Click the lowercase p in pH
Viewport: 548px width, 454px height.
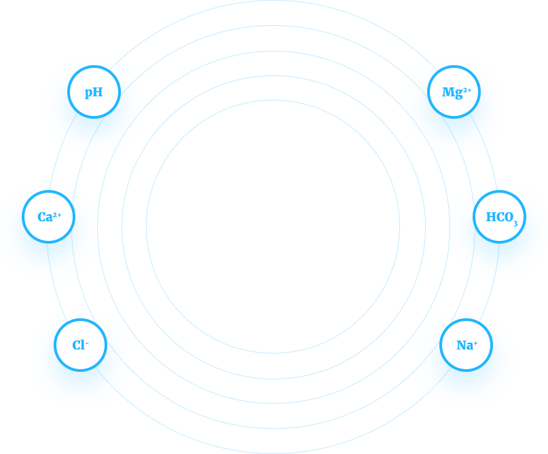[x=89, y=93]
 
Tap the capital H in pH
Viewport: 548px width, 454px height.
[x=98, y=92]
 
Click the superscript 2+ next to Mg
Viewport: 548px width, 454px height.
[x=467, y=90]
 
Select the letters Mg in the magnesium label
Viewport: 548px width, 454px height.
[x=452, y=93]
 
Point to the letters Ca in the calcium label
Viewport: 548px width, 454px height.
[x=45, y=217]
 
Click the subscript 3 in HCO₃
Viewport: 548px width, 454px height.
[x=515, y=223]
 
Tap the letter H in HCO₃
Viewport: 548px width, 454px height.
[x=491, y=217]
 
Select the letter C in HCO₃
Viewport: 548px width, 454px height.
[x=500, y=217]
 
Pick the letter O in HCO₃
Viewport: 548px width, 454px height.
[x=509, y=217]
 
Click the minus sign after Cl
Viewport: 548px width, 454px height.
[x=87, y=343]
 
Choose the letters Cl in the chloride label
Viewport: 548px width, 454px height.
[x=79, y=345]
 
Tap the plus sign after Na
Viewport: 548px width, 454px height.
[x=475, y=343]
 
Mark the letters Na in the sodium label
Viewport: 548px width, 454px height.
[x=465, y=345]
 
